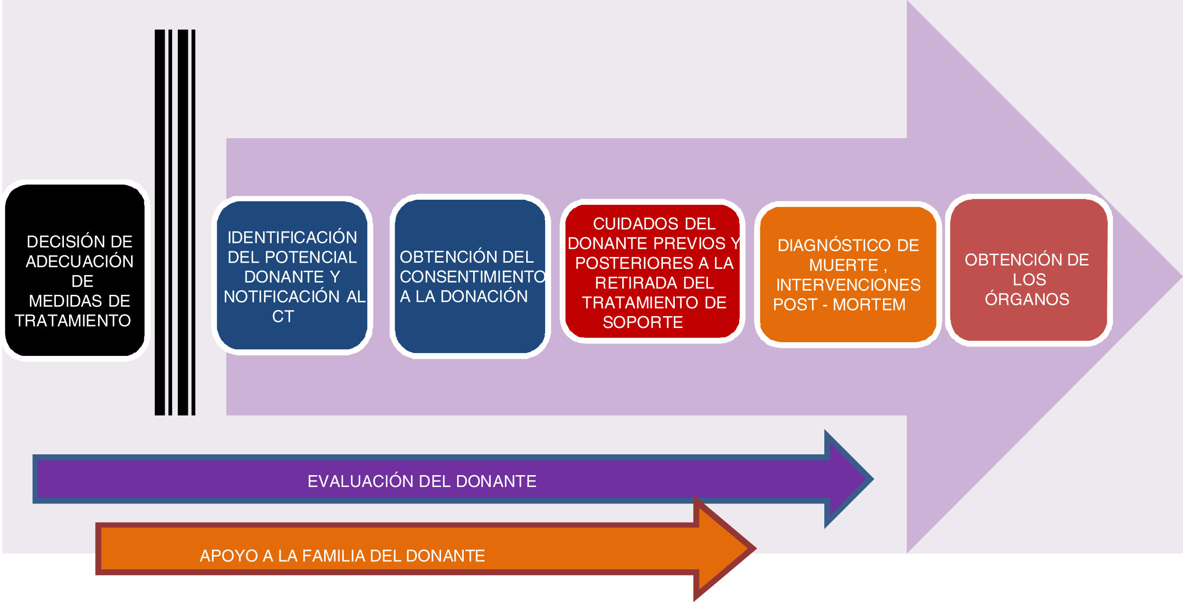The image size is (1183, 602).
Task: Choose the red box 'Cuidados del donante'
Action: (x=653, y=272)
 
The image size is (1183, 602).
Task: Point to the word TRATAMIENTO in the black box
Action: (x=73, y=321)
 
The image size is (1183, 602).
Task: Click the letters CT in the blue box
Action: (x=283, y=317)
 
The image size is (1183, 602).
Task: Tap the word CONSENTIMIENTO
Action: (x=472, y=277)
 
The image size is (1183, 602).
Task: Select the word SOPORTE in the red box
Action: (x=643, y=322)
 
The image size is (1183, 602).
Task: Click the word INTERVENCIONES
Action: (x=848, y=285)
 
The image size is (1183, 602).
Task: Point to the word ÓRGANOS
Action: (x=1027, y=299)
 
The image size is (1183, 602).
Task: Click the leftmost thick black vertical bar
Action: (x=160, y=222)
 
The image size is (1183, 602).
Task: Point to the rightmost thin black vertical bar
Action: (x=193, y=222)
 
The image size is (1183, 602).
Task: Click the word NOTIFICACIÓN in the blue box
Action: (x=282, y=297)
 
